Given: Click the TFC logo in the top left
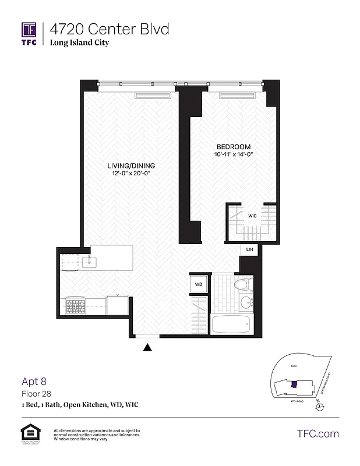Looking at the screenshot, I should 29,34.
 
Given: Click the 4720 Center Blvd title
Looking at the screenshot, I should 109,29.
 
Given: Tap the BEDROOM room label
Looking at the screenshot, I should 234,147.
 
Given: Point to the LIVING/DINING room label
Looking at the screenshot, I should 135,165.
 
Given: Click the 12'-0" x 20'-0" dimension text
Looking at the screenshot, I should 135,173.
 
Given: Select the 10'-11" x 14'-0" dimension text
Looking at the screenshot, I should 234,154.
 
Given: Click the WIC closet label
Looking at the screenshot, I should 252,216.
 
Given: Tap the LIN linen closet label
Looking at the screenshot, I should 250,249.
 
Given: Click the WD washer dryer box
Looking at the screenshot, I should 198,285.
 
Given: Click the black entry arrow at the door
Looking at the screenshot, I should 148,348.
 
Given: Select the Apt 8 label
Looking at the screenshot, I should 34,382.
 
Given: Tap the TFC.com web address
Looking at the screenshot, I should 317,433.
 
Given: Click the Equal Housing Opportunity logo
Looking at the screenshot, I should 27,433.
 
